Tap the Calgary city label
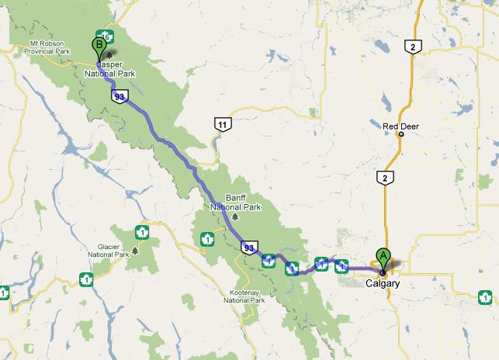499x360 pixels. pos(383,284)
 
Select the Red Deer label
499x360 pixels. pos(400,124)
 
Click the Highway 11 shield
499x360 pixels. pos(223,123)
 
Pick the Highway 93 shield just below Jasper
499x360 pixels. pos(119,96)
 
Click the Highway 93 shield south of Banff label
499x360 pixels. pos(248,247)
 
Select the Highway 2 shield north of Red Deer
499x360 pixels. pos(414,47)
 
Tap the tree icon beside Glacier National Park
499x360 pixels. pos(135,250)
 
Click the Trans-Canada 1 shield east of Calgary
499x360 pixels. pos(485,296)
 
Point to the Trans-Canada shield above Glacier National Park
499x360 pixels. pos(142,231)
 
